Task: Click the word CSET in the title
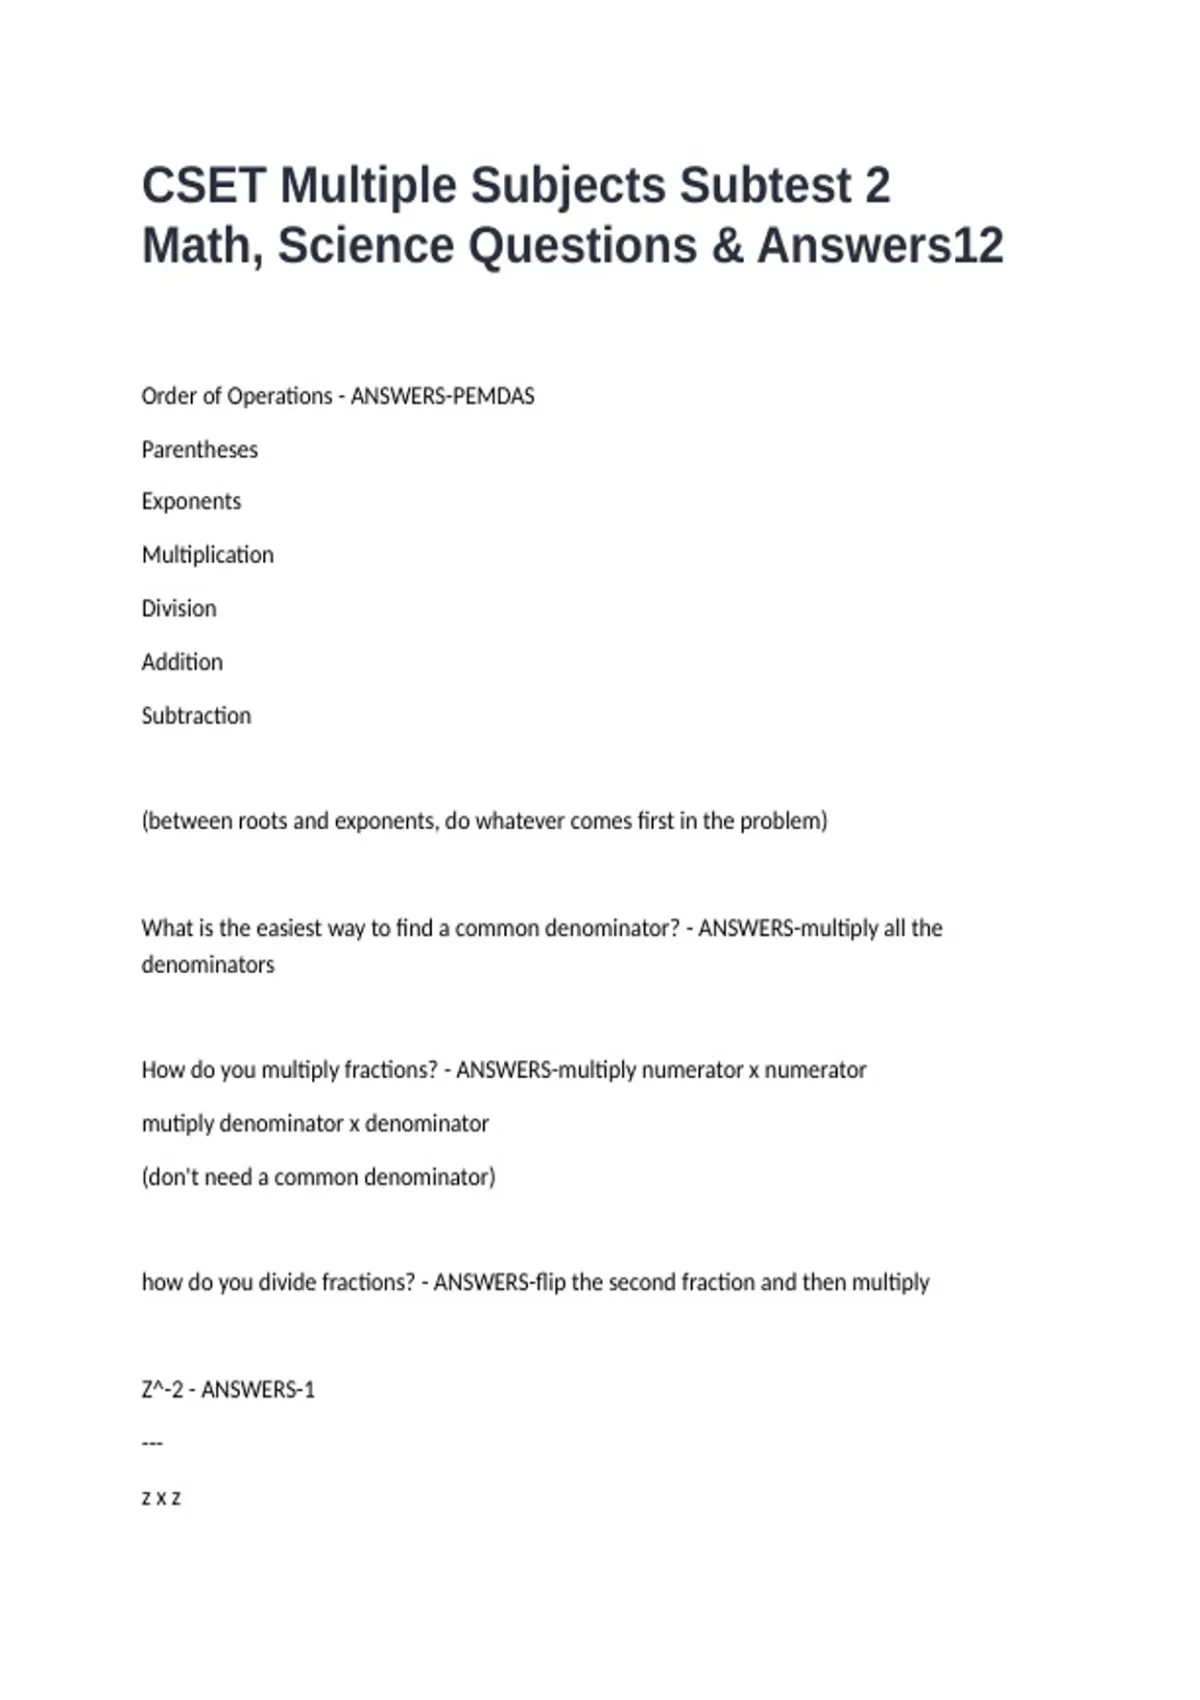tap(204, 186)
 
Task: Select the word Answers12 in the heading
tap(880, 246)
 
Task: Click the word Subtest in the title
tap(765, 186)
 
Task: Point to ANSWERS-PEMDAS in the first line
tap(442, 396)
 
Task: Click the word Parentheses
tap(199, 450)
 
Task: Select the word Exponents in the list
tap(191, 502)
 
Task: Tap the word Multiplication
tap(207, 555)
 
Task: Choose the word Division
tap(178, 609)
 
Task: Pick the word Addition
tap(182, 662)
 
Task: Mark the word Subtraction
tap(196, 716)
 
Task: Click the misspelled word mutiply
tap(177, 1124)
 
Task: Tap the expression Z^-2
tap(162, 1390)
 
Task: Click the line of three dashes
tap(152, 1443)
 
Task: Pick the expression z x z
tap(161, 1498)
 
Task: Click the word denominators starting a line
tap(207, 965)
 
